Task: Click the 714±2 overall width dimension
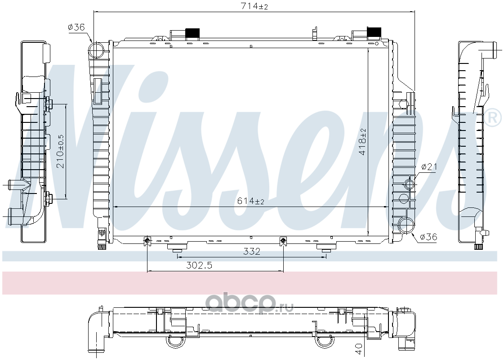(254, 6)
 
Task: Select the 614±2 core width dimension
(250, 201)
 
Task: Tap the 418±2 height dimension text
(362, 142)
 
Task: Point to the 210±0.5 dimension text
(61, 151)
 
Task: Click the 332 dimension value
(251, 251)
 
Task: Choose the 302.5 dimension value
(199, 265)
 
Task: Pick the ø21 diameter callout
(429, 166)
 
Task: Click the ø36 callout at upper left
(76, 27)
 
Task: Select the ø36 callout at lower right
(428, 237)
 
